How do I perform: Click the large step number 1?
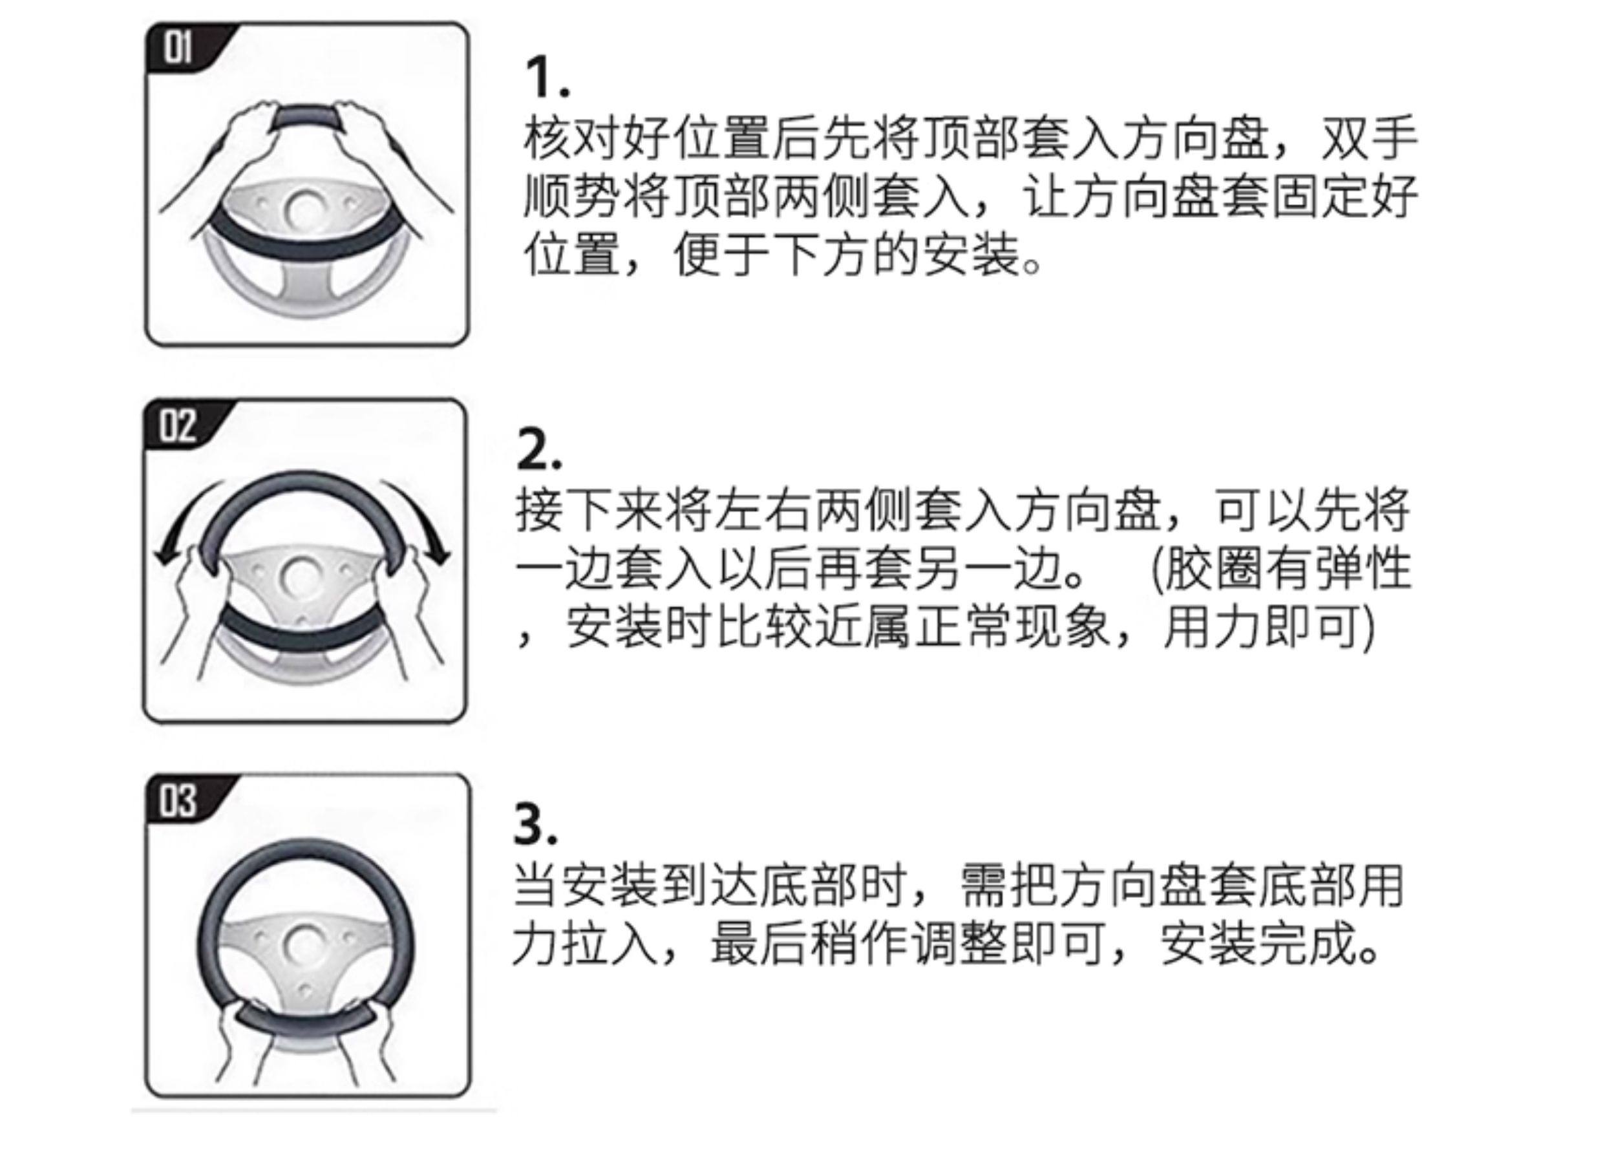tap(546, 78)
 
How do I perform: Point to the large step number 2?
tap(538, 451)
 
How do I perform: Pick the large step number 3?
tap(535, 824)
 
